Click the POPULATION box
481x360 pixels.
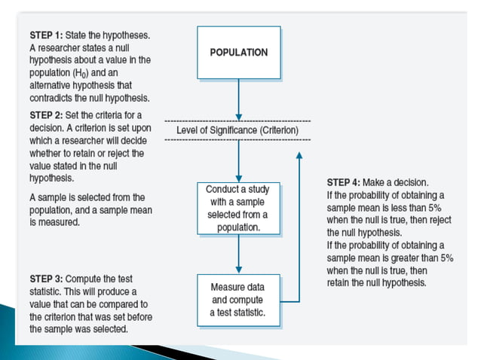click(x=238, y=53)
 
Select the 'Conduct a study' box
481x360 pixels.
click(x=238, y=208)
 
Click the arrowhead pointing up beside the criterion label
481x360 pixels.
click(x=299, y=156)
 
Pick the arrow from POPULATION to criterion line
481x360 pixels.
click(x=238, y=98)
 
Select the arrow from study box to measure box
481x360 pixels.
click(x=238, y=255)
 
